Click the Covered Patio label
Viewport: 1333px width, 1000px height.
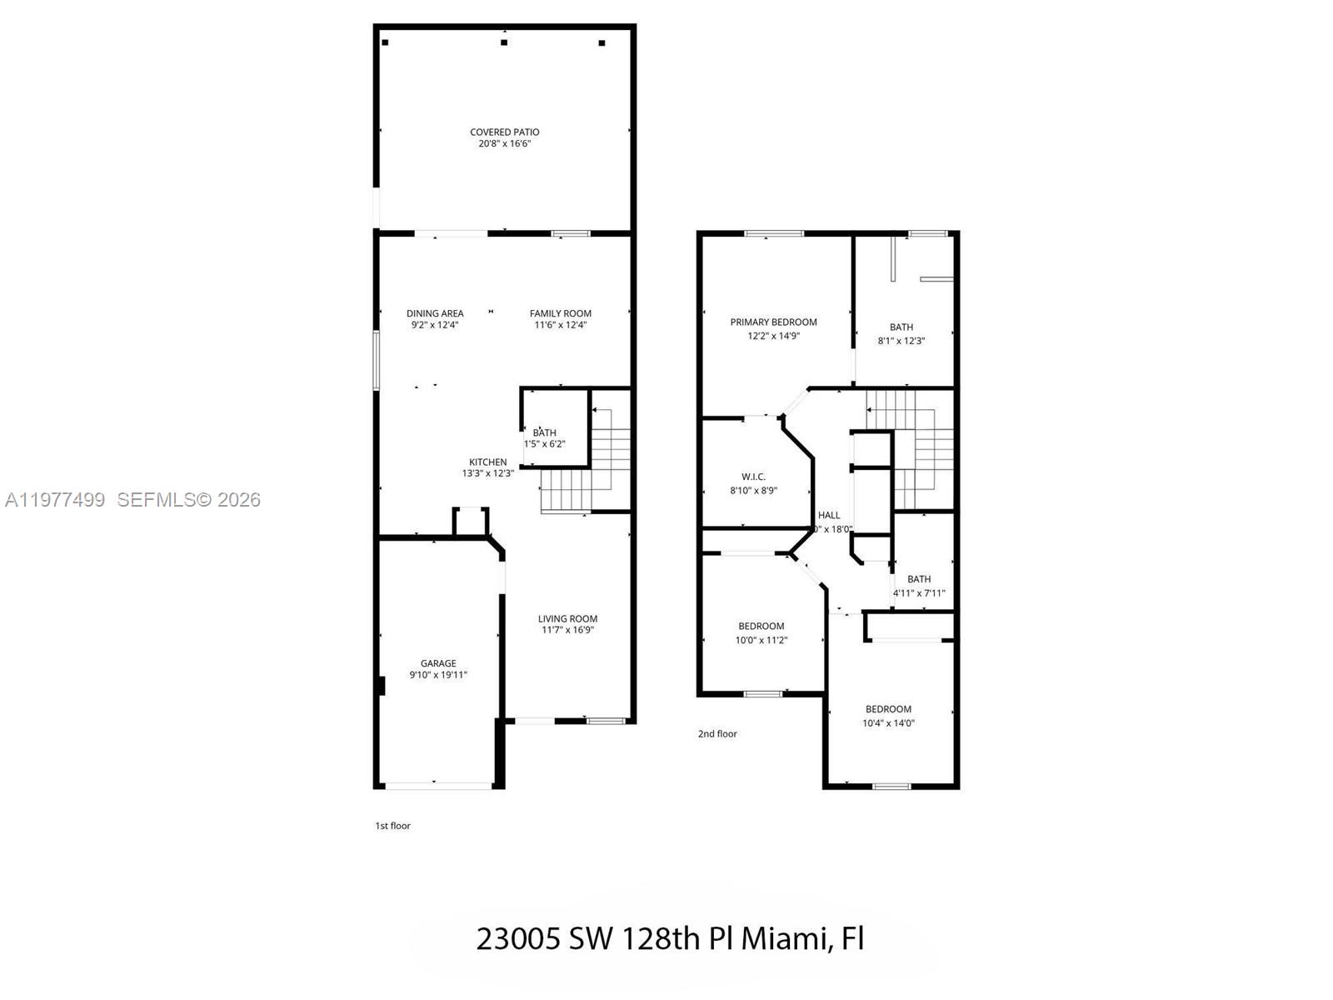click(504, 132)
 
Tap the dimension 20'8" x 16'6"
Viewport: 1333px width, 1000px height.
click(504, 144)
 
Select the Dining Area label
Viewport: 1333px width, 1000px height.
click(435, 313)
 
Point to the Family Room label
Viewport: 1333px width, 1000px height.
click(560, 313)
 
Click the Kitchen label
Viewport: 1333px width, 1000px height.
click(487, 462)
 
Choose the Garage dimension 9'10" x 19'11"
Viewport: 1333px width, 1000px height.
click(438, 675)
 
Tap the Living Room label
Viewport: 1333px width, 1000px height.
click(567, 618)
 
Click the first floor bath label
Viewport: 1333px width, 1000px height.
click(544, 432)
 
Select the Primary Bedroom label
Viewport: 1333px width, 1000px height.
click(773, 322)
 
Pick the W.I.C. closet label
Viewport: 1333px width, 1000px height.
click(753, 477)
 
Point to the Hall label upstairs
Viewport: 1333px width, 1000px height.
click(829, 515)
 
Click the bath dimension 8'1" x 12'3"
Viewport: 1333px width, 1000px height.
click(901, 340)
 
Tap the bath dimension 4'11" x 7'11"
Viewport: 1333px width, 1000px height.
click(919, 593)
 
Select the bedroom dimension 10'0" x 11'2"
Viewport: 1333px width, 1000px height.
click(761, 640)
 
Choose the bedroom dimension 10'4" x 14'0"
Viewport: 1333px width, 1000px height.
click(888, 723)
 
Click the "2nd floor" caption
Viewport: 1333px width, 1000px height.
click(717, 734)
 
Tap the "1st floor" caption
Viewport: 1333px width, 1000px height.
click(392, 826)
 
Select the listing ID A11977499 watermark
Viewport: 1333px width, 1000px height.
click(55, 500)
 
